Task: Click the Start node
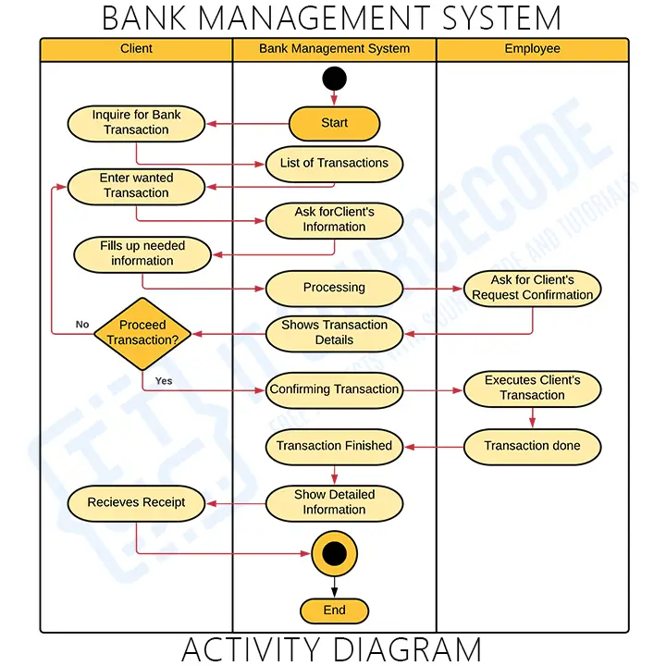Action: click(334, 123)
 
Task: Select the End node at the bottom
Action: click(334, 610)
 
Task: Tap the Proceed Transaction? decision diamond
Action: click(142, 333)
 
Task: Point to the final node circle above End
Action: click(334, 553)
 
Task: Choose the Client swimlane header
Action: click(136, 49)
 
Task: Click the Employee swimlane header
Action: click(532, 49)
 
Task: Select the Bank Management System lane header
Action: click(334, 49)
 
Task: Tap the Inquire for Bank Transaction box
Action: click(136, 123)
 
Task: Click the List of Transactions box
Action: click(334, 164)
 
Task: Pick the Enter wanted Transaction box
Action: click(136, 186)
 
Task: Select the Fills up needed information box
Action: click(142, 254)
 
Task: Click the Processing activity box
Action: click(334, 288)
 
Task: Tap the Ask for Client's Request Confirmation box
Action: click(532, 288)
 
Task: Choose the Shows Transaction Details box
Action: click(334, 333)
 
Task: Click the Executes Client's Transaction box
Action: click(532, 388)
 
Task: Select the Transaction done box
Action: click(532, 446)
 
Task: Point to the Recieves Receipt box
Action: click(136, 503)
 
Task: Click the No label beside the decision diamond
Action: click(82, 325)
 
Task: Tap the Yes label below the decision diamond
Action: click(164, 381)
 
